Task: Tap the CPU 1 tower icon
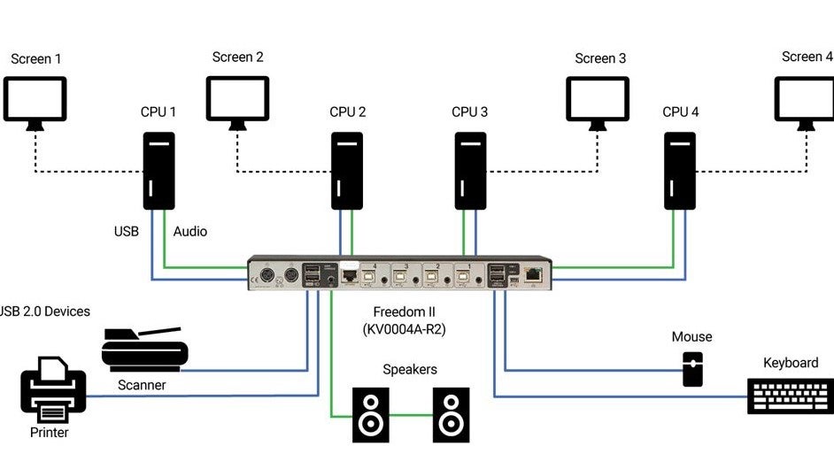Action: [159, 171]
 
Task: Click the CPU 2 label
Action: [348, 112]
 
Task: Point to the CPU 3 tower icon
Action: [470, 171]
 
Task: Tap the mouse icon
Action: [692, 369]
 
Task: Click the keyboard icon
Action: [790, 396]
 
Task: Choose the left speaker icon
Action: [371, 414]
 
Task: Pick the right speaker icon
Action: [451, 414]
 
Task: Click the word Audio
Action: [190, 232]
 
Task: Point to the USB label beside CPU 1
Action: [127, 232]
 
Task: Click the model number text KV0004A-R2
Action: [404, 329]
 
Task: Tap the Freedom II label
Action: [405, 312]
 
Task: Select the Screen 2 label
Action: [238, 58]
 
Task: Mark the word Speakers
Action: [410, 370]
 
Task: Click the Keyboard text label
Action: [791, 363]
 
